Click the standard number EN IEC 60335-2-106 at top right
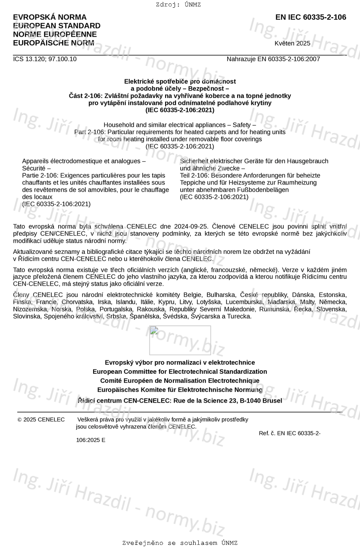[x=310, y=17]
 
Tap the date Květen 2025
[x=292, y=43]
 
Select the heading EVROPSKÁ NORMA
[x=50, y=17]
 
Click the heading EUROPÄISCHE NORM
[x=53, y=43]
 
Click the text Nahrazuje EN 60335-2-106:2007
[x=273, y=59]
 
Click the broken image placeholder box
[x=180, y=340]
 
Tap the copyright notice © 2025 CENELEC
[x=41, y=419]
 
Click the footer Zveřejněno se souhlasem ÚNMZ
[x=180, y=543]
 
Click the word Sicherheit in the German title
[x=194, y=161]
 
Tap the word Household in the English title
[x=119, y=125]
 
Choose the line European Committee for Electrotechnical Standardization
[x=180, y=372]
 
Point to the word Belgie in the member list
[x=193, y=294]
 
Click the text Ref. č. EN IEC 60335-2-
[x=289, y=433]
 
